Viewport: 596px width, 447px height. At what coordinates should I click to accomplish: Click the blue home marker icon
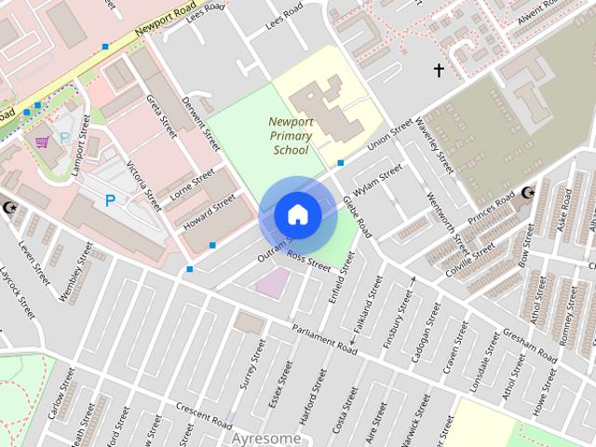click(297, 214)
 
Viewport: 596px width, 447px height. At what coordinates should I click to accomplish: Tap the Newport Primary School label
click(291, 136)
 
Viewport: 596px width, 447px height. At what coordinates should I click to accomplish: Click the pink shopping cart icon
click(42, 142)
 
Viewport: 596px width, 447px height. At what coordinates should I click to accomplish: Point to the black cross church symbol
click(439, 70)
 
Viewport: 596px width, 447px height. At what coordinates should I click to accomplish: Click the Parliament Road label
click(324, 340)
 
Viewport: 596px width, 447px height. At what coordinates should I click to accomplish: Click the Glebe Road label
click(357, 215)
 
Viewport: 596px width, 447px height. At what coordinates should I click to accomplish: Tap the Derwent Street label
click(201, 125)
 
